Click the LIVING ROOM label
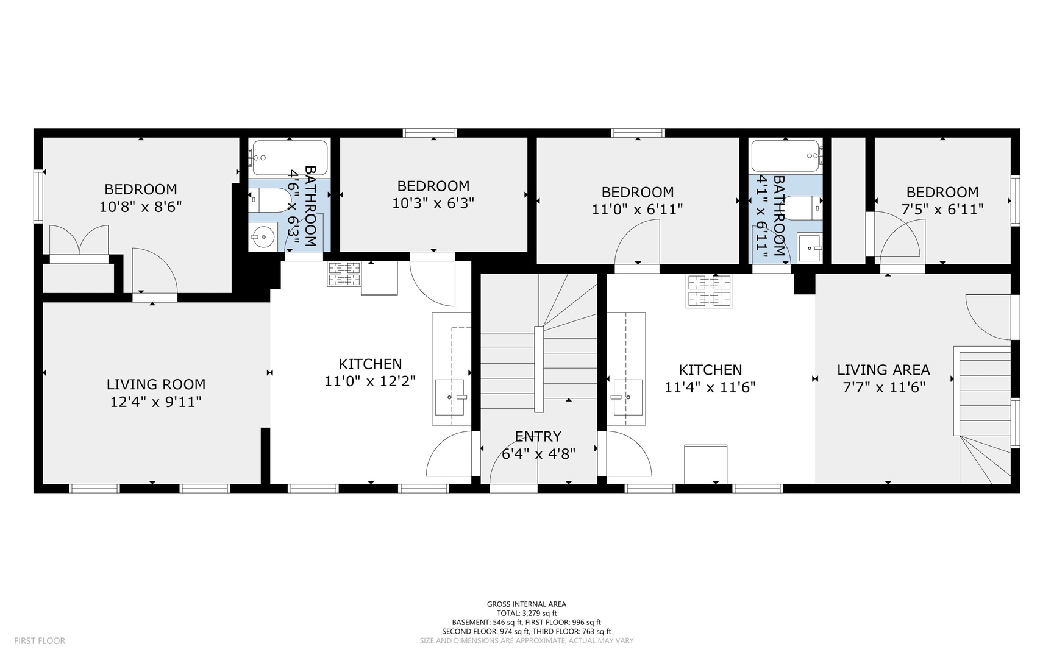pos(156,384)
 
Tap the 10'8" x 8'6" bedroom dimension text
pos(141,207)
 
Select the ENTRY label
pos(538,436)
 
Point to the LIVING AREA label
pos(883,370)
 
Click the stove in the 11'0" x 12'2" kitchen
pos(344,274)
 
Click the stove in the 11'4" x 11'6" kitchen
pos(709,291)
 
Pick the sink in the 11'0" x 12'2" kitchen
pos(450,397)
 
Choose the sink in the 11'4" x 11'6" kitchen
pos(628,397)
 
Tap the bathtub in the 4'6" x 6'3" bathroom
pos(289,158)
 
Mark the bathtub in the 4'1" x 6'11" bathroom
pos(786,156)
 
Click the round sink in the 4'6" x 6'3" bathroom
pos(263,236)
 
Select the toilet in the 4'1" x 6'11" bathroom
pos(803,208)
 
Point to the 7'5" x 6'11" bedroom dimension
pos(942,210)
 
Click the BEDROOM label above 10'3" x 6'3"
pos(433,186)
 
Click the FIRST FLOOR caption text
pos(40,641)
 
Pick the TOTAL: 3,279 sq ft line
pos(527,614)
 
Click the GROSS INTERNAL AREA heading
pos(527,604)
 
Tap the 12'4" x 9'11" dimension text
pos(156,402)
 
